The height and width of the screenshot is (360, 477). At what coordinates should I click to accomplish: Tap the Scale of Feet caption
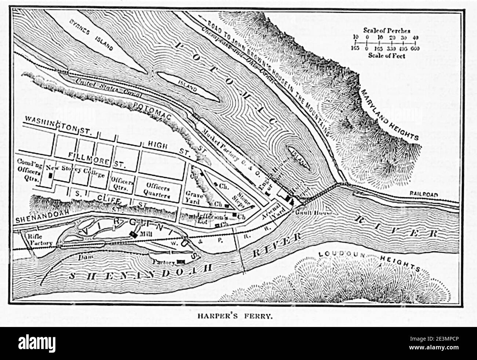386,56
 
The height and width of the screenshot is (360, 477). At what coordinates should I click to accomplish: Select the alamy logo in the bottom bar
34,343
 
